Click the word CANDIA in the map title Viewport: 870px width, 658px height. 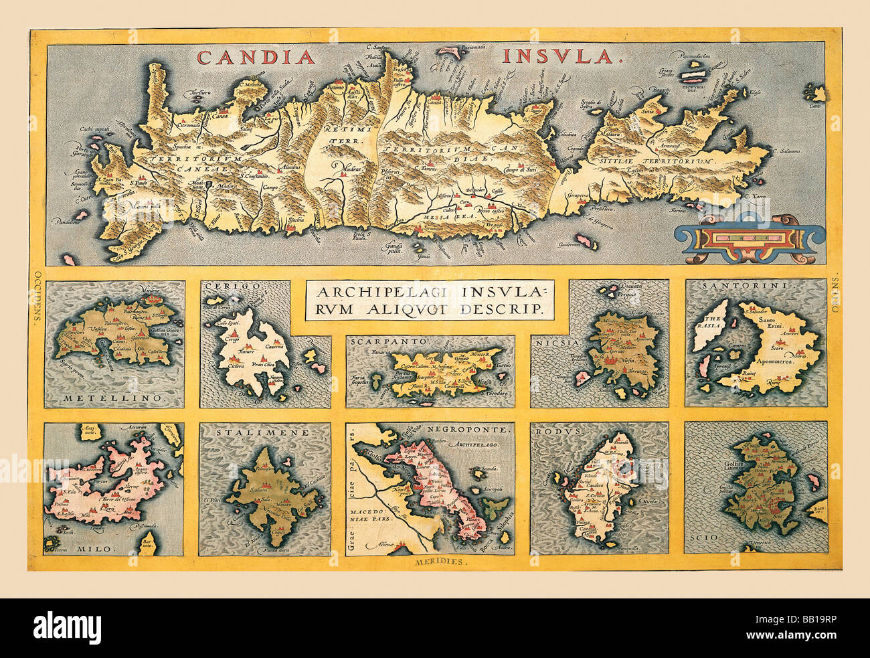tap(256, 58)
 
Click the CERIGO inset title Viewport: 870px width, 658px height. tap(223, 286)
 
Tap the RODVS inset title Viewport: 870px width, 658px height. tap(551, 432)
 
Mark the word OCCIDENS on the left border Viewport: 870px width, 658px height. tap(34, 296)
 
